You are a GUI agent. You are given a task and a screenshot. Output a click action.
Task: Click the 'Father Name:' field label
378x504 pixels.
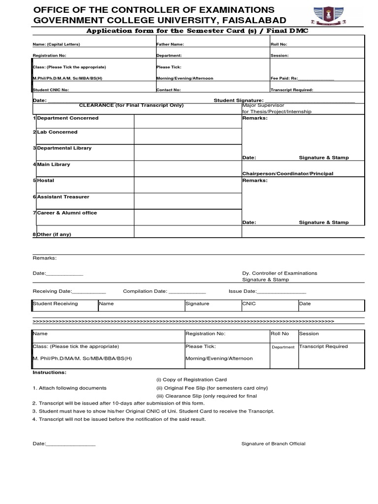(170, 44)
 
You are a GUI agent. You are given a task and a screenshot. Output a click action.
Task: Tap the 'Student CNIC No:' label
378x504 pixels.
(51, 90)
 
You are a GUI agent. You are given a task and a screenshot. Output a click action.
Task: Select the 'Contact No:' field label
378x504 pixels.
(168, 90)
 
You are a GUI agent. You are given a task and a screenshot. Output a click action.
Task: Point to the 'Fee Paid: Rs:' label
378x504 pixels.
(284, 78)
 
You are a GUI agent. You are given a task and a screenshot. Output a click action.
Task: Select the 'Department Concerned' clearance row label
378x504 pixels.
(67, 118)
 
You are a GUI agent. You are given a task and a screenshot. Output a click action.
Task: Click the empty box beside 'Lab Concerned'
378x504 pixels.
(188, 136)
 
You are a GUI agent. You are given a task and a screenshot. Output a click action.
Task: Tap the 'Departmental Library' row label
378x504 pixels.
(64, 148)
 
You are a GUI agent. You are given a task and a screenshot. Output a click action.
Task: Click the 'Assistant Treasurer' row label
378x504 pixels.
(63, 197)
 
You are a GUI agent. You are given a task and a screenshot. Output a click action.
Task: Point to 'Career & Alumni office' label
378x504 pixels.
(67, 213)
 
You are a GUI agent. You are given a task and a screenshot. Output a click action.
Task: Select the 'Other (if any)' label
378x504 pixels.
(54, 234)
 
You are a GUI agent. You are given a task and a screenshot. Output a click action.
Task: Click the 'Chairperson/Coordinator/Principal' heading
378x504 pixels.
(287, 174)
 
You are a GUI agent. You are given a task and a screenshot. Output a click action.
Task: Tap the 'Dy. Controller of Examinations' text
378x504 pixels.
(280, 273)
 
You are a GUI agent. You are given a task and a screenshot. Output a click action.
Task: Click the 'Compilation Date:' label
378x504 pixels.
(145, 291)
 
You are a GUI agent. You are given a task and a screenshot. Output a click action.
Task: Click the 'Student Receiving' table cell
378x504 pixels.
(55, 304)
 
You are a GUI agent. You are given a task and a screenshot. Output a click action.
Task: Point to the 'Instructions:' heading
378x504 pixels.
(49, 373)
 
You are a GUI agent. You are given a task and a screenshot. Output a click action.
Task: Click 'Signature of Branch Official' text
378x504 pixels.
(273, 444)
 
